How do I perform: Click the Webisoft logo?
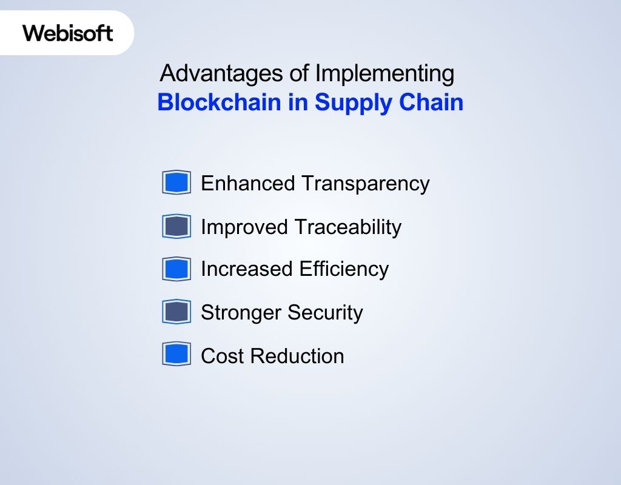[68, 33]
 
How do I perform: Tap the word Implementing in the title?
[384, 73]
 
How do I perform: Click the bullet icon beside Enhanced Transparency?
[176, 182]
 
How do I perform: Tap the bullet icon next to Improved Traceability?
[176, 226]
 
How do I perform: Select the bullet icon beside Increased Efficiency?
[176, 269]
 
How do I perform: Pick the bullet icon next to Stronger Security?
[176, 312]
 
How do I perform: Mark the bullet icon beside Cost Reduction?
[176, 355]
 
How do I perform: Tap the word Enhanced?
[248, 183]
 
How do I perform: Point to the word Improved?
[244, 227]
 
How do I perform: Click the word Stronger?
[241, 313]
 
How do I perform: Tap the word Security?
[325, 313]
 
